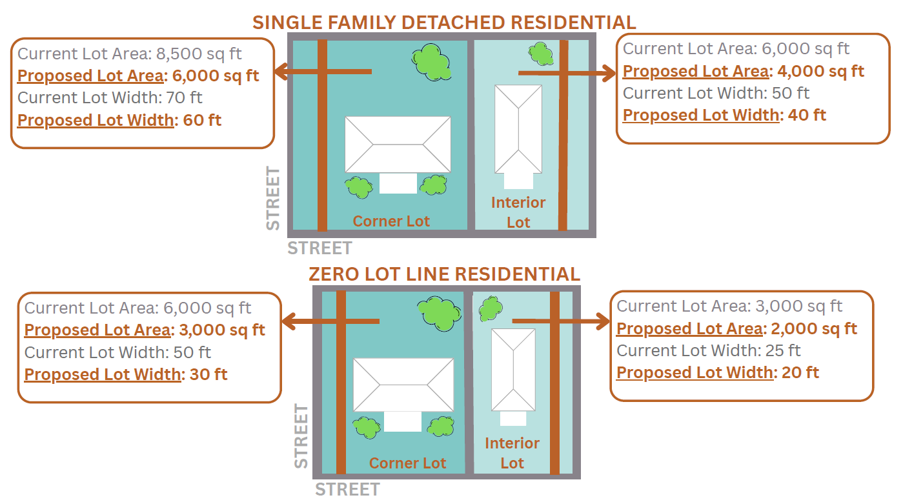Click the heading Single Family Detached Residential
(x=444, y=22)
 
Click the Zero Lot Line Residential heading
(x=444, y=274)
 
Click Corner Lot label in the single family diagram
(x=391, y=221)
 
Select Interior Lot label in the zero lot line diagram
(x=512, y=453)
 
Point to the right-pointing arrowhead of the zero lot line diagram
(x=603, y=321)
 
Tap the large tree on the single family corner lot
(x=431, y=61)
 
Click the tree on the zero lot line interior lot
(x=491, y=309)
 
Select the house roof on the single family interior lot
(x=518, y=129)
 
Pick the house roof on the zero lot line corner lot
(x=403, y=385)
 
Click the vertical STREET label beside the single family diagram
(x=274, y=198)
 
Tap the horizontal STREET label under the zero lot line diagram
(x=347, y=489)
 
